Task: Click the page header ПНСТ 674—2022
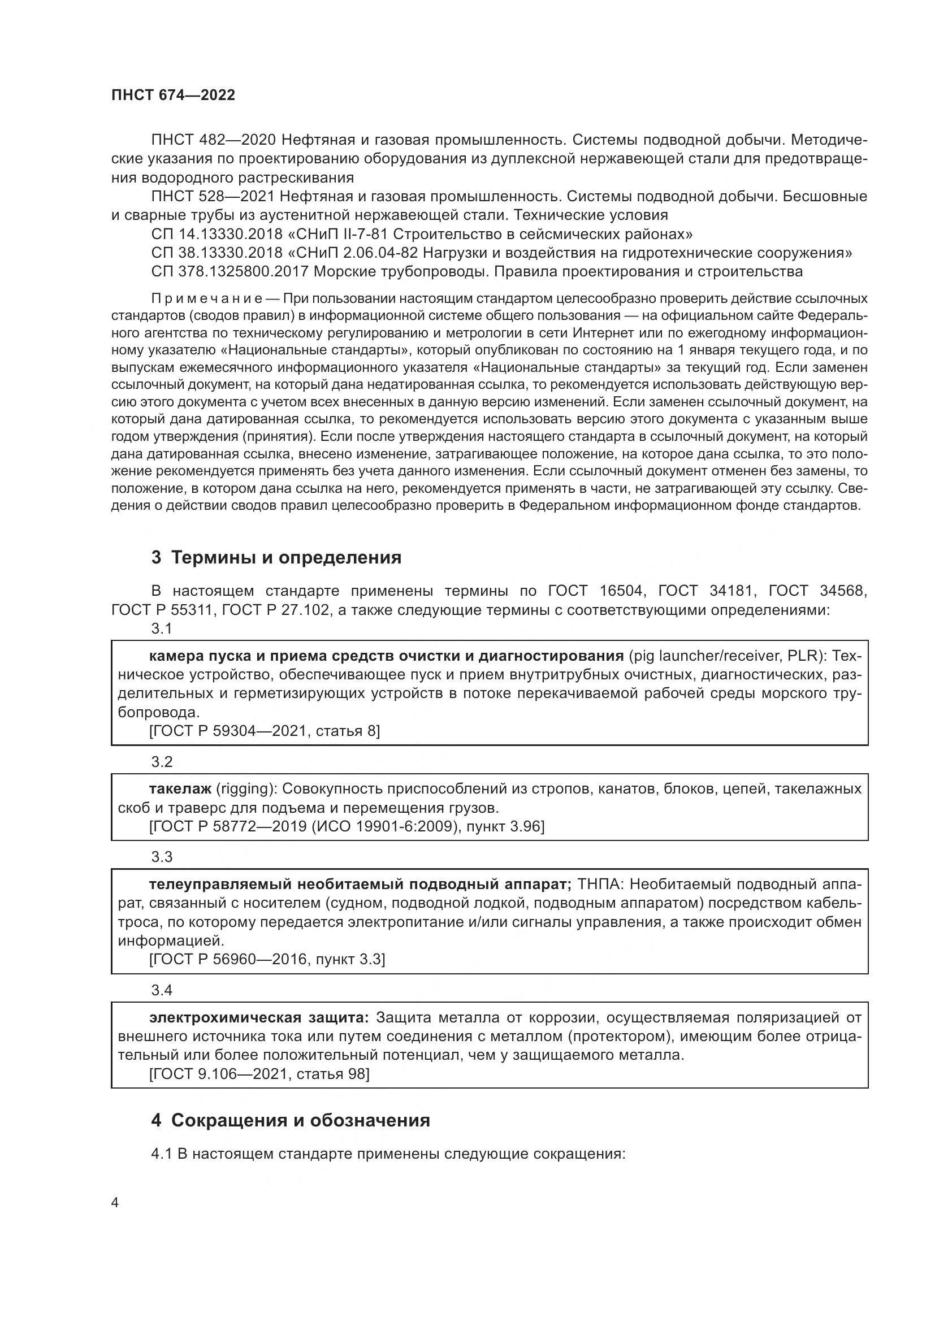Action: (174, 96)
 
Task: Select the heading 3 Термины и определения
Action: (276, 557)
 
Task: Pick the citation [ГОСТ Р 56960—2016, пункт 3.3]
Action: (267, 959)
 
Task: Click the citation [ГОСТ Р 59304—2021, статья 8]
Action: (264, 731)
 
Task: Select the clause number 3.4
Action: (162, 990)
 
